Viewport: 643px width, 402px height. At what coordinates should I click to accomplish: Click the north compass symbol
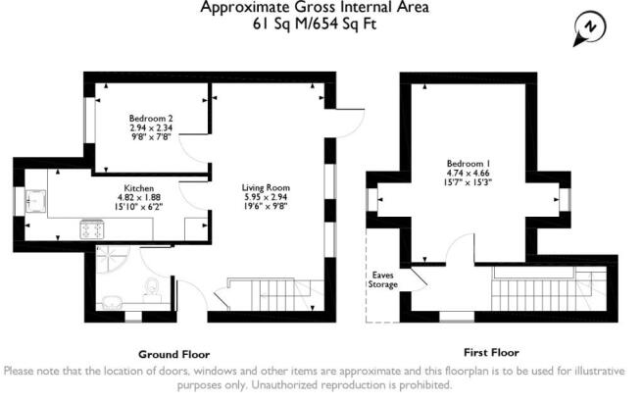coord(590,28)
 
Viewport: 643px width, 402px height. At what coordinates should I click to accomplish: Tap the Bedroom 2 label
coord(151,119)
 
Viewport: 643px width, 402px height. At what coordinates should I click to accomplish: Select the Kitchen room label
coord(139,188)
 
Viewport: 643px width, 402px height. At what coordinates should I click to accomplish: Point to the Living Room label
coord(266,188)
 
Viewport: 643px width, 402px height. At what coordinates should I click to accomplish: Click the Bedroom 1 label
coord(469,164)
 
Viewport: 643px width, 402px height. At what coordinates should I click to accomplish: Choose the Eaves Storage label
coord(382,279)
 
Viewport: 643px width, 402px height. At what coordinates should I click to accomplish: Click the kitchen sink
coord(35,201)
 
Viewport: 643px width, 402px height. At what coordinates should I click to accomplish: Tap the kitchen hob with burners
coord(93,229)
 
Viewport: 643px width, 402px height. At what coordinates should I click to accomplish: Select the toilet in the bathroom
coord(152,287)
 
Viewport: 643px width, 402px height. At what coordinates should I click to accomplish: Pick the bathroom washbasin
coord(111,302)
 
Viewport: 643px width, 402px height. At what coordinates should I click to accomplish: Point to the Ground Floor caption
coord(173,354)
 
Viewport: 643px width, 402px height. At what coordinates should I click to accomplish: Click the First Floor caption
coord(491,352)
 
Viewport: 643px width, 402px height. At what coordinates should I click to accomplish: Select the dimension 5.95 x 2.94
coord(266,197)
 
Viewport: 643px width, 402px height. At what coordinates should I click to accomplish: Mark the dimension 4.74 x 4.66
coord(469,174)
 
